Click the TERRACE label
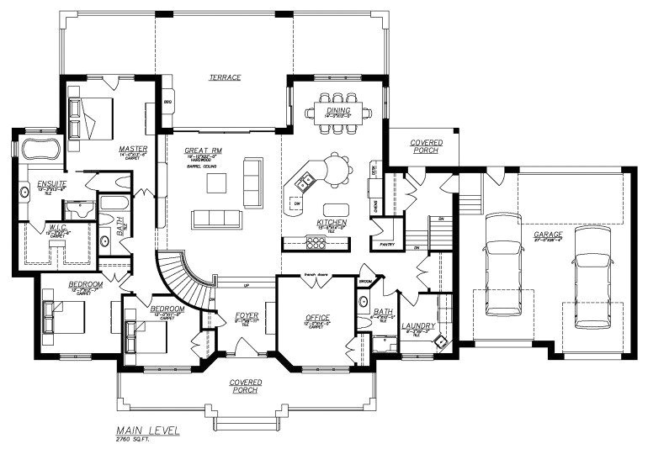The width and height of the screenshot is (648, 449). (226, 77)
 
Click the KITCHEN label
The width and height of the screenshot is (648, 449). (332, 222)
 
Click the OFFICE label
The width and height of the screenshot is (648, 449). (317, 317)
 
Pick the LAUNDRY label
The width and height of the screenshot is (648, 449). (417, 325)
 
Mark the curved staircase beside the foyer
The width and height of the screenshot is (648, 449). (181, 277)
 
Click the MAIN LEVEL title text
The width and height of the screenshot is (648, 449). (148, 430)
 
